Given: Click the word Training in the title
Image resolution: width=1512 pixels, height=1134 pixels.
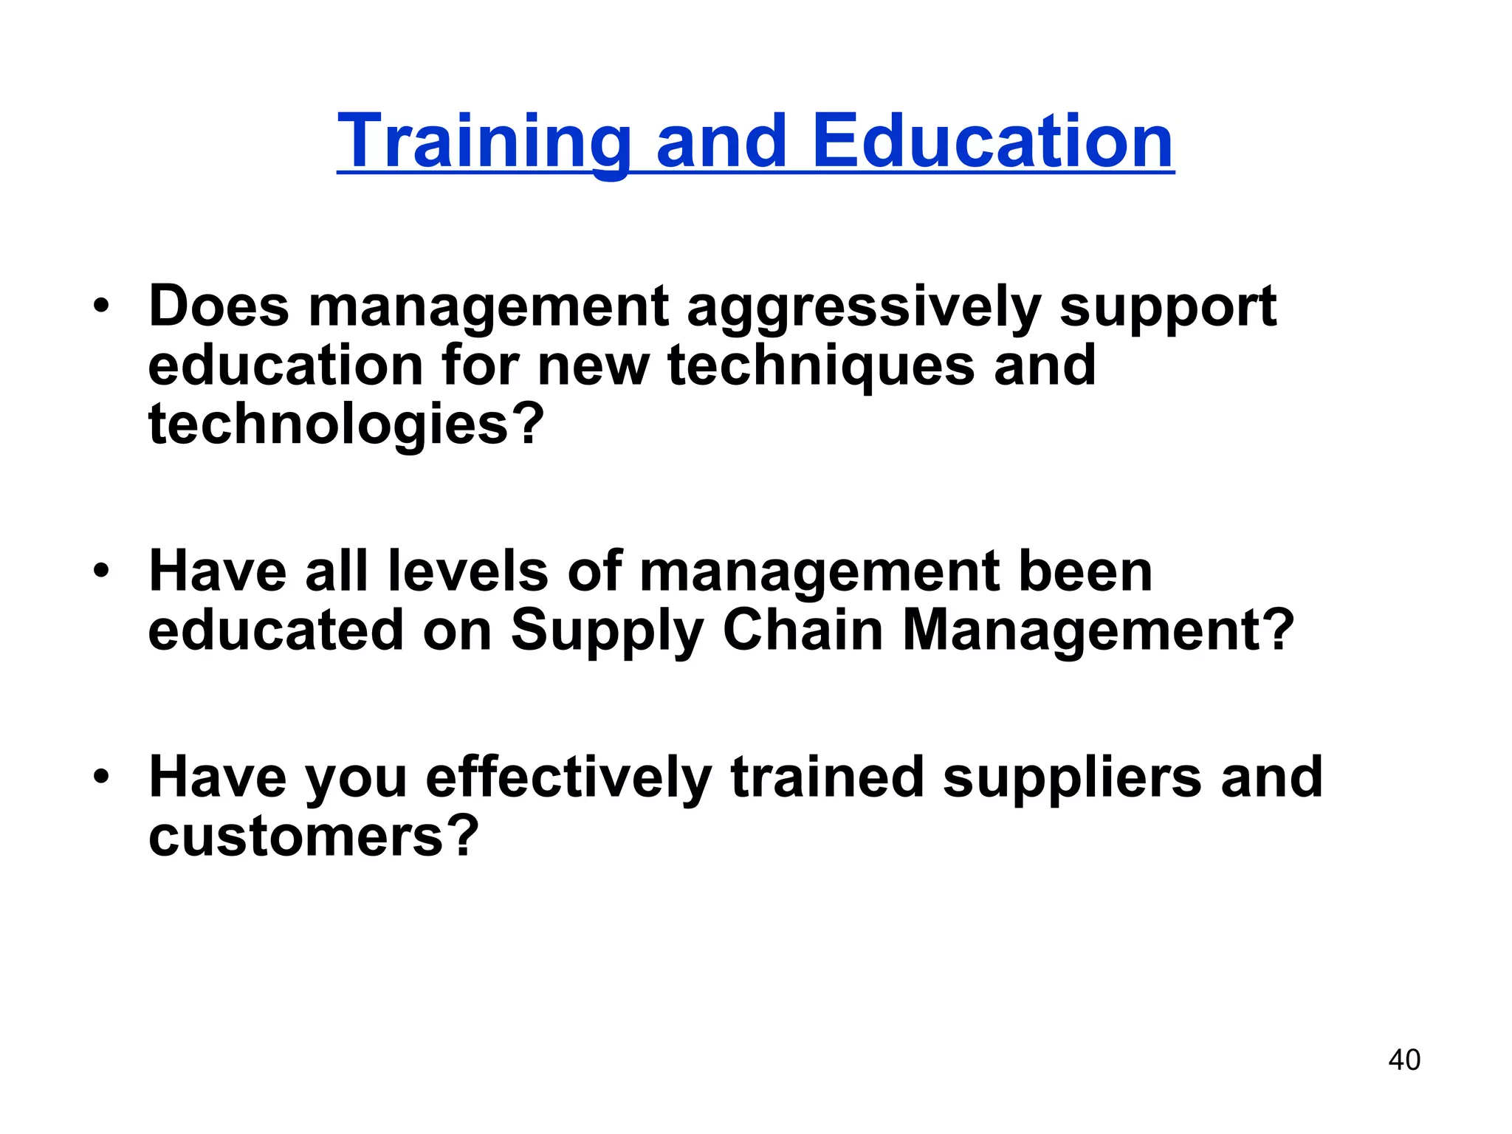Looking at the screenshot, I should tap(484, 142).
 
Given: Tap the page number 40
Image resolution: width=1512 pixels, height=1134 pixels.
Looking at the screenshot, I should tap(1403, 1059).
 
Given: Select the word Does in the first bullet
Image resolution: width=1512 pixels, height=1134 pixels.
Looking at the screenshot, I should tap(219, 306).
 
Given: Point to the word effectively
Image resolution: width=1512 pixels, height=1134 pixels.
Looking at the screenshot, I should tap(568, 778).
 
